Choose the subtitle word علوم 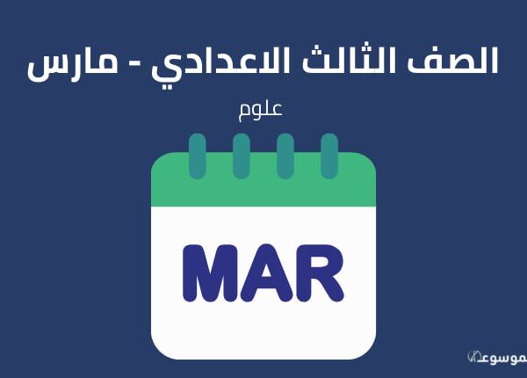(260, 110)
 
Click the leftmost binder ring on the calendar (198, 156)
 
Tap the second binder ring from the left (242, 156)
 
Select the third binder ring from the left (285, 156)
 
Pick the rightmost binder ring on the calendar (329, 156)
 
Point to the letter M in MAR (212, 273)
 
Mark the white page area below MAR (263, 330)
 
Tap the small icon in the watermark (473, 357)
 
